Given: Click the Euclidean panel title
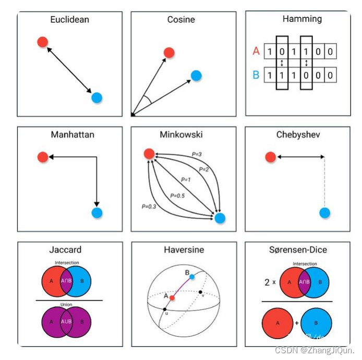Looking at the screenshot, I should click(x=70, y=20).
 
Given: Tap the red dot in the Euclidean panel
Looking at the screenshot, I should click(x=43, y=42).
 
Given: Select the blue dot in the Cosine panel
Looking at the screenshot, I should click(x=196, y=76).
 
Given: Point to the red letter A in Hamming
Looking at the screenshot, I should click(x=256, y=51).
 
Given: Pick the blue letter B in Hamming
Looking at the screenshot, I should click(x=256, y=75).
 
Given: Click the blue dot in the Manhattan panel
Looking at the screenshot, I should click(x=96, y=213).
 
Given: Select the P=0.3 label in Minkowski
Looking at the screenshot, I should click(x=149, y=206).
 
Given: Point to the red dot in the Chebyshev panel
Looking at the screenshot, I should click(x=270, y=157).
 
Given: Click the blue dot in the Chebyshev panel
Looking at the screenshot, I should click(x=324, y=213).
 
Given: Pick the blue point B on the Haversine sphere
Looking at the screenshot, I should click(x=192, y=276).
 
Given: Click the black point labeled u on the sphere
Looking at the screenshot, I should click(x=165, y=309).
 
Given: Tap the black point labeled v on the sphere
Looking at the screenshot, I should click(x=200, y=292).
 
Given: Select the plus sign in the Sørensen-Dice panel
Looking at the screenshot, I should click(x=297, y=323).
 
